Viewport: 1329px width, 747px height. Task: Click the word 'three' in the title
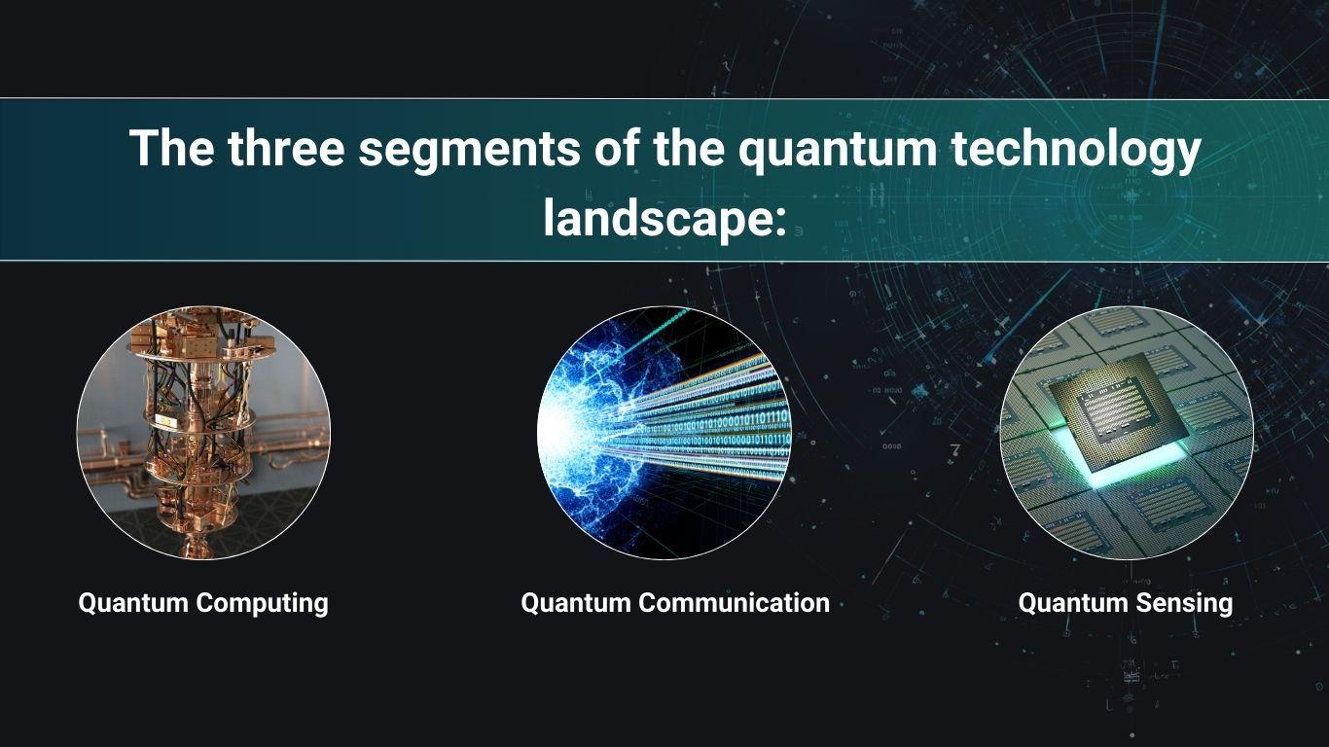286,148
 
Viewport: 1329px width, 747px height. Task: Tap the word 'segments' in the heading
469,150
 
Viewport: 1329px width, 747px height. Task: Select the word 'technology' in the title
1076,151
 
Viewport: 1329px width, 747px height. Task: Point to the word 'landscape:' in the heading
665,219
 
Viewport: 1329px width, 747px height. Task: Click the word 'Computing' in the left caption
263,604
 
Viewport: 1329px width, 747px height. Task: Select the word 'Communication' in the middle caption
734,603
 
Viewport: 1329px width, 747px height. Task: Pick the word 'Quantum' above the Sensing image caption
1072,603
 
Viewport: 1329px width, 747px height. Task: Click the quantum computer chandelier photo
203,433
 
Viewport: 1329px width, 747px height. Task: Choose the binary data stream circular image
664,433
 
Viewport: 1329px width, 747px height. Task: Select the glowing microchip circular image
1127,433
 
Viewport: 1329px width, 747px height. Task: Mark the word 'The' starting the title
171,148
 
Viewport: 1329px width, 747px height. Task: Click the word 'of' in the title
617,148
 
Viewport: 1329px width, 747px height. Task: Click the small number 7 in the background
954,449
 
